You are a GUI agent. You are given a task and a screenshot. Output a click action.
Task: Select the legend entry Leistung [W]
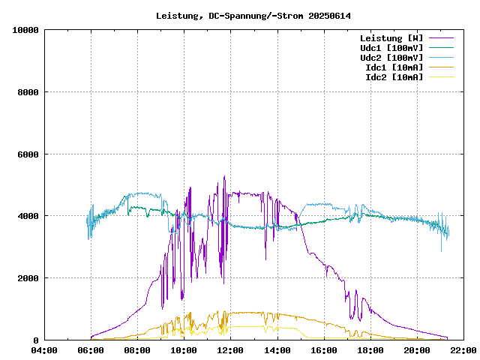coord(391,38)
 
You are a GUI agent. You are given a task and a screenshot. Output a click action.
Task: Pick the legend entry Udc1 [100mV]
coord(391,48)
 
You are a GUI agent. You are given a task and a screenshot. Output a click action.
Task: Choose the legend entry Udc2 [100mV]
coord(391,58)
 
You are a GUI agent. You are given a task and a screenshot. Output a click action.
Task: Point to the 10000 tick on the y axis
coord(25,30)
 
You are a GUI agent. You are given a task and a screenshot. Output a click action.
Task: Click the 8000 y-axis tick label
coord(28,92)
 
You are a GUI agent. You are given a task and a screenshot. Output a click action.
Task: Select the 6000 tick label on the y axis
coord(28,154)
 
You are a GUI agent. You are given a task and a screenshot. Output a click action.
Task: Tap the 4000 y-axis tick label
coord(28,216)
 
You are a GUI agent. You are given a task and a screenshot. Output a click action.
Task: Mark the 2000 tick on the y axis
coord(28,278)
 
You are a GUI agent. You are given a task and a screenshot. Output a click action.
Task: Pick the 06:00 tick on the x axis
coord(91,350)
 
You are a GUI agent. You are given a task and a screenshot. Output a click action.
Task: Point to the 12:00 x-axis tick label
coord(231,350)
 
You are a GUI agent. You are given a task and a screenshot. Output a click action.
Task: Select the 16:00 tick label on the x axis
coord(324,350)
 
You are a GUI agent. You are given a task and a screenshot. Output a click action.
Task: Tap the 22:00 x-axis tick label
coord(463,350)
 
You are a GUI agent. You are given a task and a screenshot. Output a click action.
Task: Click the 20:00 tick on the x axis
coord(417,350)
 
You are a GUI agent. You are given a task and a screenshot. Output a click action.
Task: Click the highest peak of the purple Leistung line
coord(224,177)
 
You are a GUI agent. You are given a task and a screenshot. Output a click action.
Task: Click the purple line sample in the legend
coord(441,38)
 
